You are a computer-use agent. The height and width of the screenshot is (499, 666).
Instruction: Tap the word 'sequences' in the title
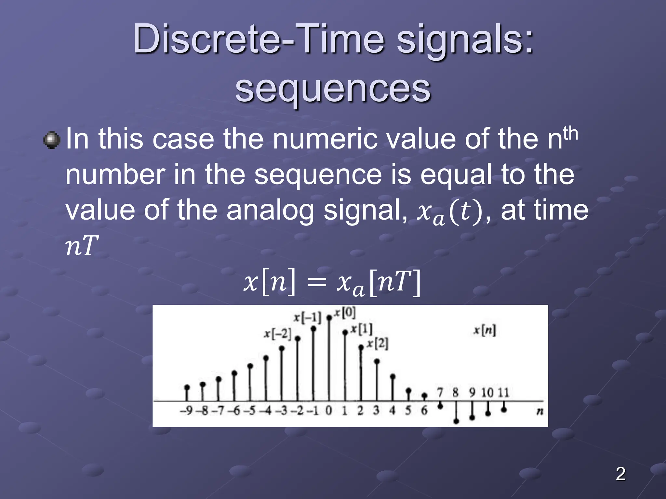[x=333, y=88]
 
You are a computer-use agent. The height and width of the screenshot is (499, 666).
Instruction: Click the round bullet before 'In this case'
[x=52, y=140]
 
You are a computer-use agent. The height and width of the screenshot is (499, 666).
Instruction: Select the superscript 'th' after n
[x=570, y=134]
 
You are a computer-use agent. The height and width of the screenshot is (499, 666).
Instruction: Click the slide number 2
[x=620, y=474]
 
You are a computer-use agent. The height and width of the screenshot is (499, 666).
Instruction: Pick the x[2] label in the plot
[x=378, y=343]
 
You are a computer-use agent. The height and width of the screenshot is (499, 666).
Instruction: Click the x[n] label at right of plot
[x=485, y=330]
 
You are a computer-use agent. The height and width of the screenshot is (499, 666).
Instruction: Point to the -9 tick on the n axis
[x=187, y=411]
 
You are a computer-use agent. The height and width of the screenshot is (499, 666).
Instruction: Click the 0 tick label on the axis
[x=329, y=411]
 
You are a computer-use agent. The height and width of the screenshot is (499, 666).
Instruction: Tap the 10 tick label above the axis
[x=487, y=393]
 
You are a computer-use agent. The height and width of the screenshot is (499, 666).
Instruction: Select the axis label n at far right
[x=540, y=412]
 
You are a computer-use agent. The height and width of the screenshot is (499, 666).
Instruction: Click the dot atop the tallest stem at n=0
[x=329, y=318]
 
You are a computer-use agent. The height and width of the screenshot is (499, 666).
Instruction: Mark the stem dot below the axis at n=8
[x=456, y=421]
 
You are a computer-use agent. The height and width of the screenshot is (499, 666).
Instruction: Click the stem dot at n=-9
[x=187, y=387]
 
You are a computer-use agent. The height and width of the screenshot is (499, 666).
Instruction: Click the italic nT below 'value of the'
[x=82, y=246]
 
